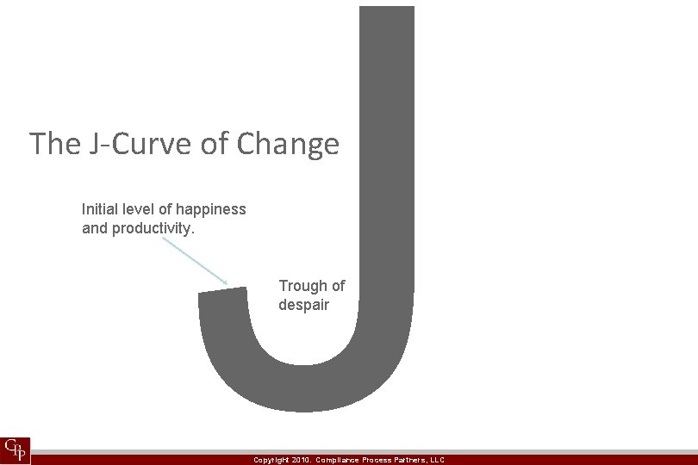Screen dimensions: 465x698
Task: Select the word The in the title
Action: coord(54,144)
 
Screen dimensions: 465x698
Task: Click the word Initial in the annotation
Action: coord(102,209)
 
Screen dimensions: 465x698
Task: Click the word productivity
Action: coord(151,228)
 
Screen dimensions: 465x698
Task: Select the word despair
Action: coord(303,305)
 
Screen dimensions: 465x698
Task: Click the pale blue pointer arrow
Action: coord(194,260)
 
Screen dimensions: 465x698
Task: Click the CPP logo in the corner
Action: coord(16,449)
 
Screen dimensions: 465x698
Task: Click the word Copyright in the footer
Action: coord(271,460)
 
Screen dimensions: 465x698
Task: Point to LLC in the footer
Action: coord(436,460)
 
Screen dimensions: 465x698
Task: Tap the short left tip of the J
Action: coord(219,296)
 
